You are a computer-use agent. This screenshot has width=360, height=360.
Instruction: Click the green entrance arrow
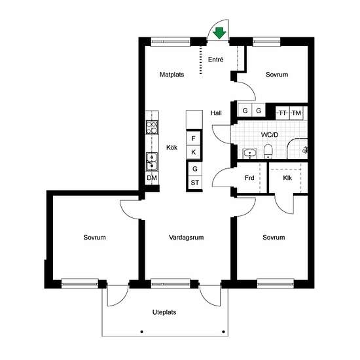[219, 33]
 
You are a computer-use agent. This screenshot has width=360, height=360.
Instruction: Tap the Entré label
[215, 60]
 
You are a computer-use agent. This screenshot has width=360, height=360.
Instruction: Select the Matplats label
[171, 75]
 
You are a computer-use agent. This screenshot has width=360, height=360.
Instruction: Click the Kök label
[171, 147]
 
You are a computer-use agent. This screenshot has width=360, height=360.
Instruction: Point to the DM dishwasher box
[152, 178]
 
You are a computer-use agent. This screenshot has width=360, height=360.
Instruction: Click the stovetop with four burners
[152, 127]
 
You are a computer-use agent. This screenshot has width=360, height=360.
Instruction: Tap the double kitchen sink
[152, 162]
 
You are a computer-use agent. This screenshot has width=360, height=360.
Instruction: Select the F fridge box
[194, 139]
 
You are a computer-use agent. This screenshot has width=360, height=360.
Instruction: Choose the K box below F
[194, 152]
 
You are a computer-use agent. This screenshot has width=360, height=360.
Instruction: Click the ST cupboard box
[195, 183]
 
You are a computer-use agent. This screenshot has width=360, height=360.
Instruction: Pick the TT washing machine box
[283, 113]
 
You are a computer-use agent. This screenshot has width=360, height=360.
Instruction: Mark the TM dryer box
[297, 113]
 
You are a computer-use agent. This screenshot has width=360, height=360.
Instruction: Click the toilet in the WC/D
[268, 151]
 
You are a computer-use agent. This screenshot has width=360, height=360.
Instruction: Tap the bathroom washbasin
[250, 153]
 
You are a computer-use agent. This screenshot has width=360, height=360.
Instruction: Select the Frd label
[249, 178]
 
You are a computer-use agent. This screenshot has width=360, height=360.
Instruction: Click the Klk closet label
[287, 178]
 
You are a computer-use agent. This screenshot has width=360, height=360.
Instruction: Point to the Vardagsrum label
[186, 238]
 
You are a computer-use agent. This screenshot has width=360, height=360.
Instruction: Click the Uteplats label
[164, 312]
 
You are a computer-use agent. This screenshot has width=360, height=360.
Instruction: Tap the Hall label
[216, 113]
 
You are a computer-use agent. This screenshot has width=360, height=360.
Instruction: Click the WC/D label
[270, 135]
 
